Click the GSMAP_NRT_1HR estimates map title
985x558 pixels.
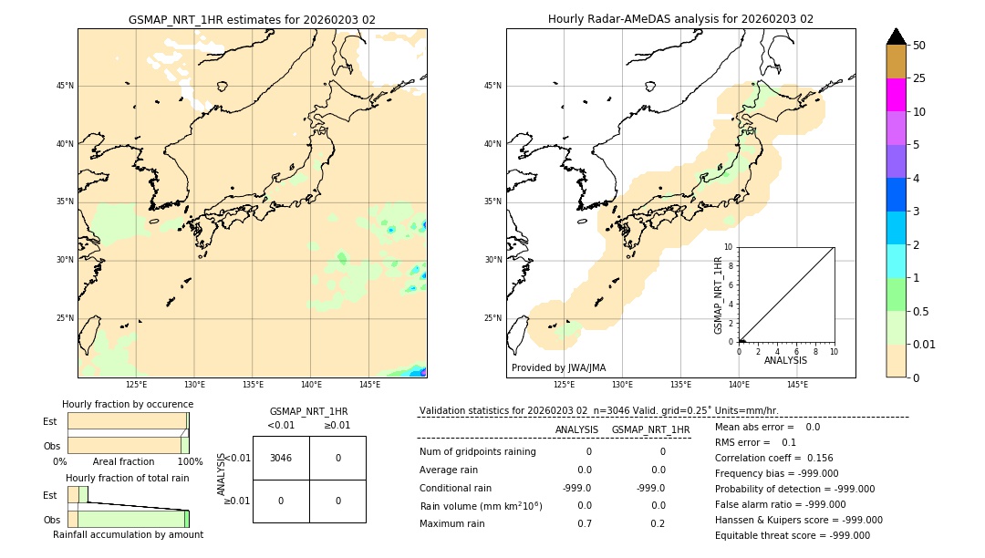pyautogui.click(x=252, y=19)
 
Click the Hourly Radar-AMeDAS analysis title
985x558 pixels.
pyautogui.click(x=680, y=19)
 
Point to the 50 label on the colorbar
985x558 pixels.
pyautogui.click(x=919, y=46)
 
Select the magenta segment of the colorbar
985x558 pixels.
pyautogui.click(x=897, y=95)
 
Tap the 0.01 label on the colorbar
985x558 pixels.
pyautogui.click(x=925, y=344)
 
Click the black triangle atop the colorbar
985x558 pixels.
pyautogui.click(x=897, y=36)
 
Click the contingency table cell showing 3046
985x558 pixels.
pyautogui.click(x=281, y=458)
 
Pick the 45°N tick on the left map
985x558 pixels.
pyautogui.click(x=65, y=86)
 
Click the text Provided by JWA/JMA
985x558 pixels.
pyautogui.click(x=558, y=367)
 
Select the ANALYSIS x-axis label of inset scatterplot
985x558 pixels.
pyautogui.click(x=785, y=360)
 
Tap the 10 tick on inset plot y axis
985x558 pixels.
pyautogui.click(x=729, y=247)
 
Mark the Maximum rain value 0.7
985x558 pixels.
pyautogui.click(x=585, y=523)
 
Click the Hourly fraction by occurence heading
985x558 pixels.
pyautogui.click(x=128, y=404)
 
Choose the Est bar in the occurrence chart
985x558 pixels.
pyautogui.click(x=127, y=421)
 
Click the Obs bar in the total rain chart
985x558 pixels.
pyautogui.click(x=127, y=519)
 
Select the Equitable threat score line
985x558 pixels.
pyautogui.click(x=792, y=535)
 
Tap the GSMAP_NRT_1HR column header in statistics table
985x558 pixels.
pyautogui.click(x=650, y=429)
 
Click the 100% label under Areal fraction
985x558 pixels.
pyautogui.click(x=189, y=461)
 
